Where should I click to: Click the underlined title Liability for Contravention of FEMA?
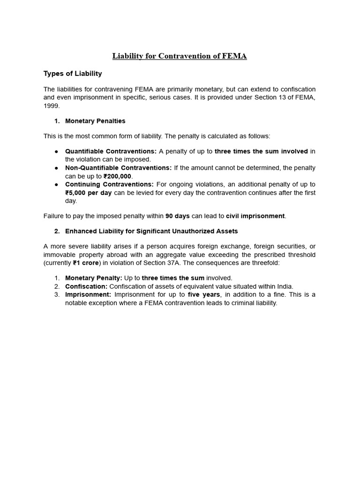coord(180,56)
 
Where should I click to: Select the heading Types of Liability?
coord(73,74)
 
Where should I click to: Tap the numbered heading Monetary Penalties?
coord(95,121)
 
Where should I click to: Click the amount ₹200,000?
coord(117,176)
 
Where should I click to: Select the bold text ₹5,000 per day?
coord(89,193)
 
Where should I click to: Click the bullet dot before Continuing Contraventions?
coord(56,185)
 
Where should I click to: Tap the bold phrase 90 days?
coord(177,216)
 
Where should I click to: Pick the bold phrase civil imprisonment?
coord(255,216)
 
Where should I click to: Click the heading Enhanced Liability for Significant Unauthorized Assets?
coord(151,231)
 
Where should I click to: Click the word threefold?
coord(264,263)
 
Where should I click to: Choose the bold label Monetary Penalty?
coord(93,278)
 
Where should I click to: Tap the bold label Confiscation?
coord(86,286)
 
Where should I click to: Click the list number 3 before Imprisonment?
coord(57,295)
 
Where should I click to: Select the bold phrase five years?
coord(204,295)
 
